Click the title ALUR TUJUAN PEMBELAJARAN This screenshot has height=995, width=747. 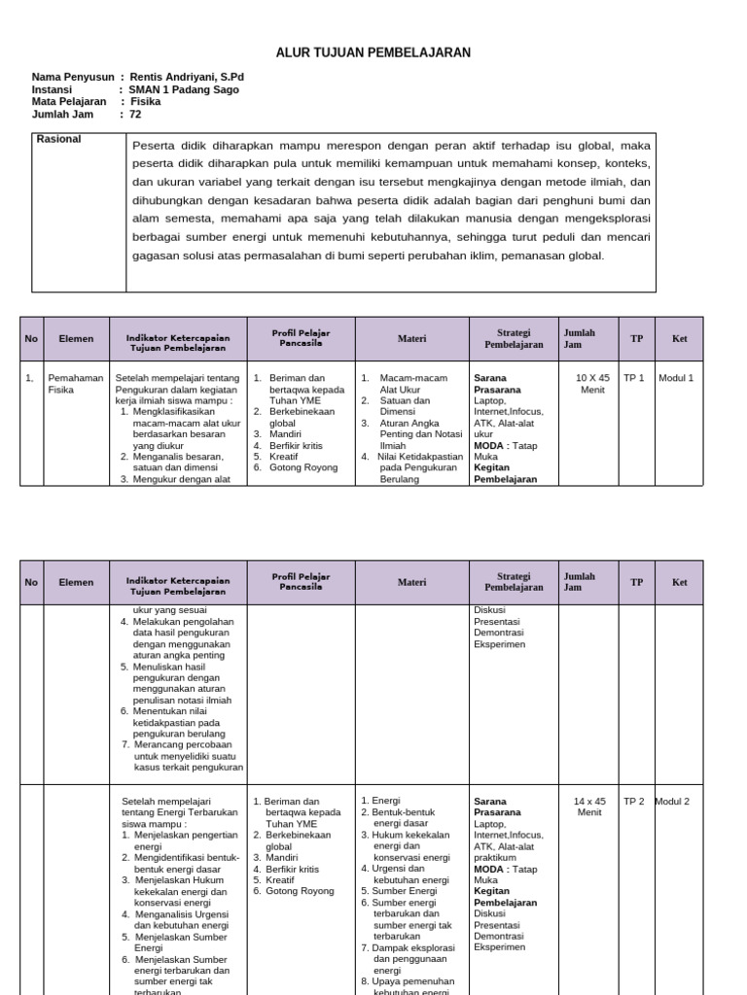[x=374, y=52]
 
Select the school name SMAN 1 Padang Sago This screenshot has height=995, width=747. [x=184, y=89]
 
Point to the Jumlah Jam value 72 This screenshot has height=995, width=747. [x=135, y=114]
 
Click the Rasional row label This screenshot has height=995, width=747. [x=59, y=139]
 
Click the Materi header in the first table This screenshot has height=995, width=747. [x=411, y=339]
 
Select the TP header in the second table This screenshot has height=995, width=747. [x=636, y=582]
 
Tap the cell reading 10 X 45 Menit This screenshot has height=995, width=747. [x=592, y=383]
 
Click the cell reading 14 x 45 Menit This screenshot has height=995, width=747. [x=590, y=806]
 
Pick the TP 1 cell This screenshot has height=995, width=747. [x=634, y=377]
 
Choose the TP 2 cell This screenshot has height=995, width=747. [x=634, y=802]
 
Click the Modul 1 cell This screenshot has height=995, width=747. [x=676, y=377]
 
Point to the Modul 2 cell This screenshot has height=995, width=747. [x=672, y=802]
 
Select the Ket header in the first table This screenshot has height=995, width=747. [x=679, y=339]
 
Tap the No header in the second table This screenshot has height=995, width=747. [x=31, y=582]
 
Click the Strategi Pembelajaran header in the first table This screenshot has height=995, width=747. [x=514, y=338]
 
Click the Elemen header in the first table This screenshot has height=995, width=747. [x=76, y=339]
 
